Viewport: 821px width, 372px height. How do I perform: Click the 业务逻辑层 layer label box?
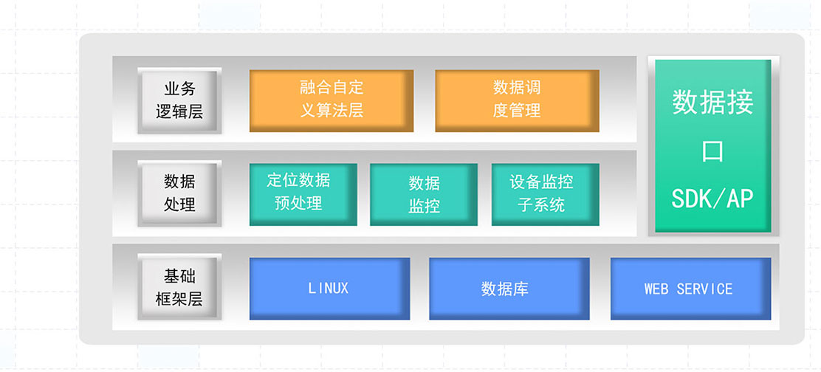coord(179,100)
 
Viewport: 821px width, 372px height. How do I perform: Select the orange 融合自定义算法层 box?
coord(331,100)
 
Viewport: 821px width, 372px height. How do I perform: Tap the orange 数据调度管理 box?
coord(517,100)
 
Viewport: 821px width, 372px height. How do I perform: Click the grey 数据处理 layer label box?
coord(179,193)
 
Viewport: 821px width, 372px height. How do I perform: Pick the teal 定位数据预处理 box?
coord(303,193)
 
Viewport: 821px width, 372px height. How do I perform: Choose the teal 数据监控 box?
coord(424,194)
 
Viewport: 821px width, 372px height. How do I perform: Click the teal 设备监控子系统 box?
coord(545,193)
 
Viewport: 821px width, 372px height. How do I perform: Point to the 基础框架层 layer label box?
coord(179,288)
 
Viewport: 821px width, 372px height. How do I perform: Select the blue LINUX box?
coord(329,288)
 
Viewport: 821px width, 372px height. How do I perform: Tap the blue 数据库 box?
coord(509,288)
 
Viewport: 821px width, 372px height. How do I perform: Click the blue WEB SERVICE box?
coord(690,288)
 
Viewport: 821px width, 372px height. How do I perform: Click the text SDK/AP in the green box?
coord(712,198)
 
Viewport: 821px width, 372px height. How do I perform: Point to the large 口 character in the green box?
coord(712,151)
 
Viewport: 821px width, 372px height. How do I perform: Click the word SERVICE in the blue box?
coord(704,289)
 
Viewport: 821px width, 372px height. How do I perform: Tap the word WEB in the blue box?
coord(656,289)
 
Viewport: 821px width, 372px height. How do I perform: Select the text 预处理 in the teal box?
coord(298,203)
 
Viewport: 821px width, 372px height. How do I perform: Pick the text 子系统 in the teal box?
coord(541,204)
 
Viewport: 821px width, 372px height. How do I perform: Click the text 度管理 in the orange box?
coord(517,111)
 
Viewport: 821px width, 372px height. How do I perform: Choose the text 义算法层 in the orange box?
coord(332,111)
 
